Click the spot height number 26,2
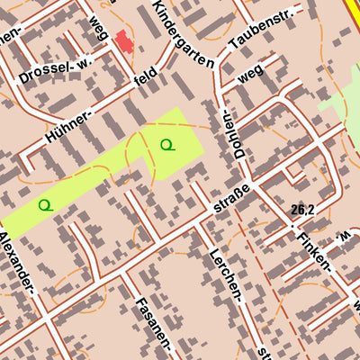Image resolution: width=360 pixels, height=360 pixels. click(302, 209)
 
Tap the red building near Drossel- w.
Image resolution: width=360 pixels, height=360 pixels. click(121, 41)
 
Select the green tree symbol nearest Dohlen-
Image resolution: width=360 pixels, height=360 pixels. click(166, 144)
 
